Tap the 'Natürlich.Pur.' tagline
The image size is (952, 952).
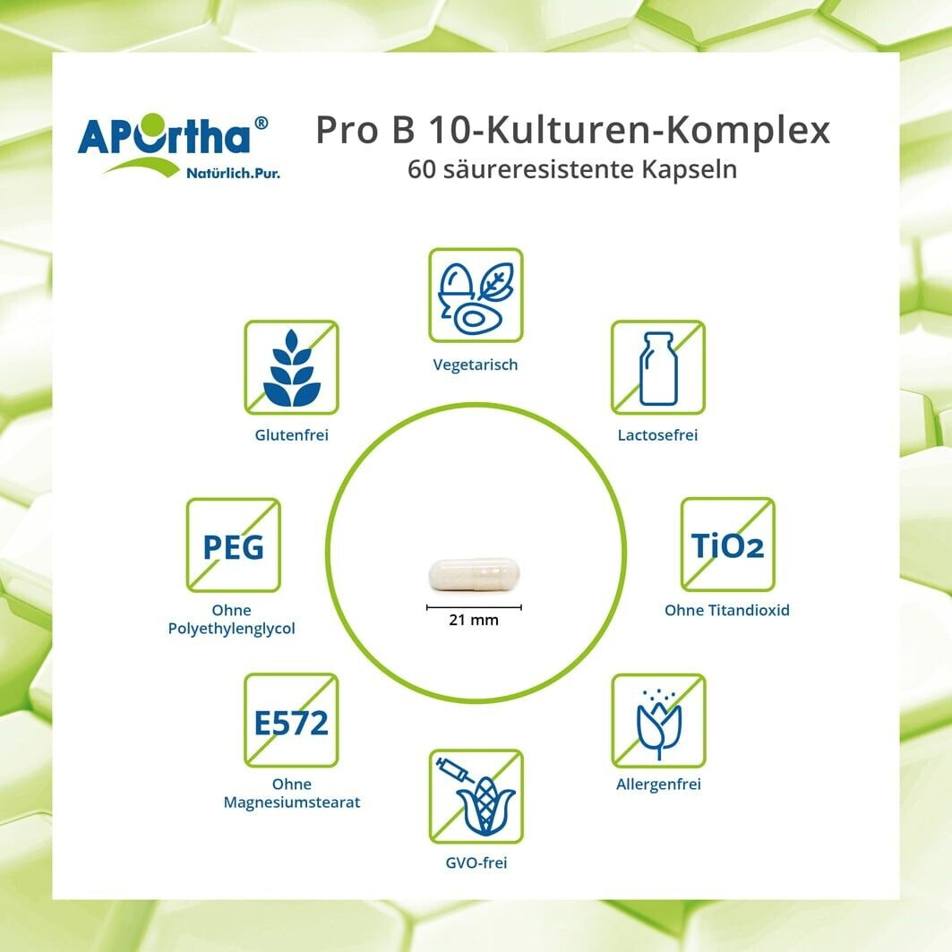pyautogui.click(x=233, y=174)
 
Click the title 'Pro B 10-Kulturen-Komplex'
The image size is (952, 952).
pyautogui.click(x=572, y=130)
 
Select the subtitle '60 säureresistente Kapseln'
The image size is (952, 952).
pyautogui.click(x=572, y=169)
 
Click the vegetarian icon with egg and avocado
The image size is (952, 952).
pyautogui.click(x=476, y=295)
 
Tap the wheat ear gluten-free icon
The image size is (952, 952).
pyautogui.click(x=291, y=367)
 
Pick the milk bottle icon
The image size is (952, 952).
pyautogui.click(x=658, y=367)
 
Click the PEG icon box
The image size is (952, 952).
pyautogui.click(x=233, y=545)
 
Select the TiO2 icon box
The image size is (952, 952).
pyautogui.click(x=727, y=545)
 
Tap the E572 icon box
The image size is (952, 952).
pyautogui.click(x=291, y=720)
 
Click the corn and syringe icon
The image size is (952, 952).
pyautogui.click(x=476, y=796)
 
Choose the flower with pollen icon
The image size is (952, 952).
pyautogui.click(x=659, y=721)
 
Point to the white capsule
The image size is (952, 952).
pyautogui.click(x=474, y=574)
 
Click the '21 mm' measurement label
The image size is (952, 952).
pyautogui.click(x=474, y=620)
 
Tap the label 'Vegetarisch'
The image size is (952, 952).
pyautogui.click(x=476, y=365)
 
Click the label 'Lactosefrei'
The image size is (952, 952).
pyautogui.click(x=657, y=434)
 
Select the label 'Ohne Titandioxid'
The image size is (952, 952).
pyautogui.click(x=727, y=610)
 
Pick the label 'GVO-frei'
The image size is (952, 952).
pyautogui.click(x=476, y=862)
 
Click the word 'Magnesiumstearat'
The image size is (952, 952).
pyautogui.click(x=291, y=802)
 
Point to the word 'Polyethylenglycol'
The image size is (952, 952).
pyautogui.click(x=231, y=629)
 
